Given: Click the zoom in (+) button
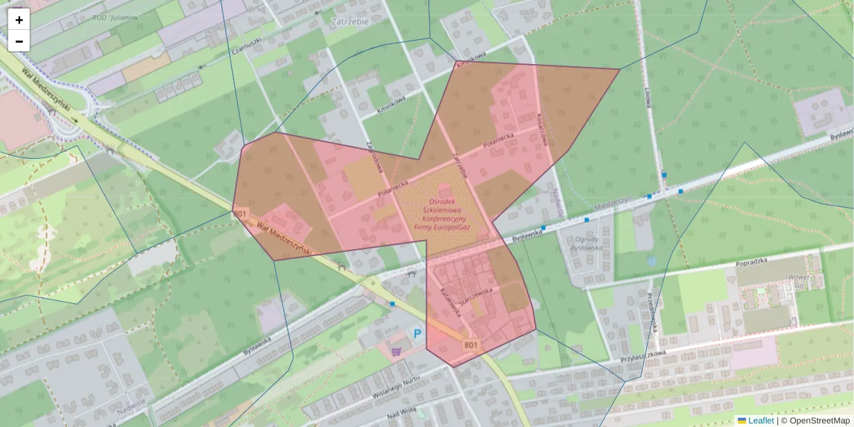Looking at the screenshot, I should (x=19, y=20).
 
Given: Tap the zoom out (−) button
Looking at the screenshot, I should (x=19, y=41).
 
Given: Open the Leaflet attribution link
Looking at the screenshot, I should (x=760, y=421).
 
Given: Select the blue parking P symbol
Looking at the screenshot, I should (x=418, y=333).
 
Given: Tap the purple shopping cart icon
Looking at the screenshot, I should (x=397, y=349).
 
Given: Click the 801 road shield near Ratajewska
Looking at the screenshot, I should (x=470, y=345).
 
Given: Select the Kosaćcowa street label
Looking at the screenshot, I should (x=543, y=129).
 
